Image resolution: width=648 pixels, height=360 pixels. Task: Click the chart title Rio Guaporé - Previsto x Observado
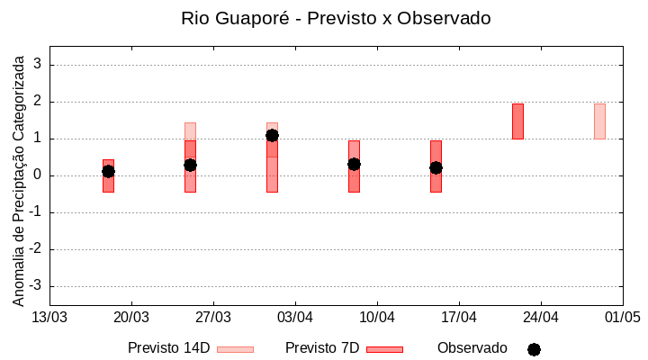pos(336,18)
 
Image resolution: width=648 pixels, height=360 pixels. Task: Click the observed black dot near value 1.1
pos(272,135)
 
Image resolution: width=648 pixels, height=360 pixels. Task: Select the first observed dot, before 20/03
pos(108,171)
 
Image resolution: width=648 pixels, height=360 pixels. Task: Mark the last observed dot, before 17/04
pos(436,167)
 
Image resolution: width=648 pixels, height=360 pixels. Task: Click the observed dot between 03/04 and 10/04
pos(354,164)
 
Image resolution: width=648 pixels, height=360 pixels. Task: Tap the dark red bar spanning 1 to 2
pos(517,121)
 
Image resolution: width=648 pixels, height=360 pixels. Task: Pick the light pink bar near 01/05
pos(599,121)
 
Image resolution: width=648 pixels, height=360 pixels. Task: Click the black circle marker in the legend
pos(534,349)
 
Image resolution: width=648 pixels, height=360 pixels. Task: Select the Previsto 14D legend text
pos(168,348)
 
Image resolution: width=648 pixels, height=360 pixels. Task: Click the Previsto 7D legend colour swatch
pos(384,349)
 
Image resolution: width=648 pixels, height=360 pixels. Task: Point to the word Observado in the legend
pos(472,348)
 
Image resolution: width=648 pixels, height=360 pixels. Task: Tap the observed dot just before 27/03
pos(190,165)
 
